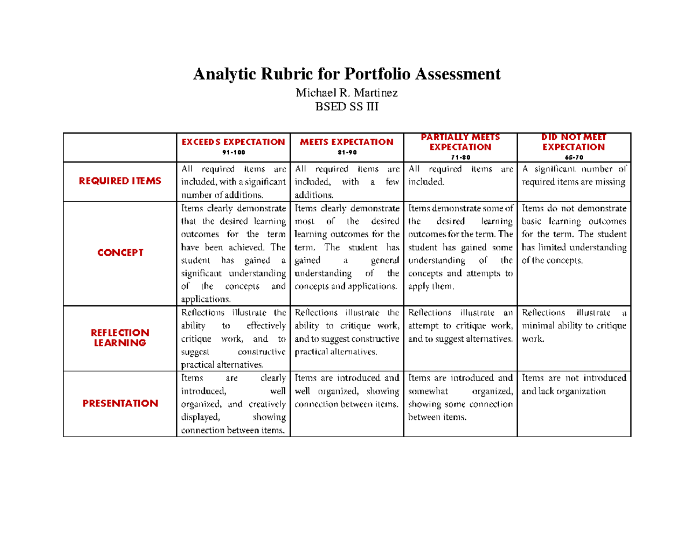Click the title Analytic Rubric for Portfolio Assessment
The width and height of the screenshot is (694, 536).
(346, 75)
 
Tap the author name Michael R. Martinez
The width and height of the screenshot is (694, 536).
(346, 93)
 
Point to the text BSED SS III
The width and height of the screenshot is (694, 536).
(346, 106)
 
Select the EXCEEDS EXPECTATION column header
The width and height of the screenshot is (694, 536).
(233, 142)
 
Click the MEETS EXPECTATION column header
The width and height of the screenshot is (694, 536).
(347, 142)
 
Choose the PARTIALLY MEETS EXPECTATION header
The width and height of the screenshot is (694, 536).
(461, 142)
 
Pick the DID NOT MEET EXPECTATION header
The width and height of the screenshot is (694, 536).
(574, 142)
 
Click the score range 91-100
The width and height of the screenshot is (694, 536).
(233, 152)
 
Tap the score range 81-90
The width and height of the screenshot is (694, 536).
(347, 152)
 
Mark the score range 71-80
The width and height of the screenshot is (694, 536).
(461, 157)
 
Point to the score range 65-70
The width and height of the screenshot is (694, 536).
(574, 157)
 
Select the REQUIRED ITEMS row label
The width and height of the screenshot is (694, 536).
(120, 182)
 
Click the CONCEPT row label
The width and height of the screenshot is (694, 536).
(120, 253)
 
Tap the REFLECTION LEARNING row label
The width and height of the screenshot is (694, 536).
(120, 338)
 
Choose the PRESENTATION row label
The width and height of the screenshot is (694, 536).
(120, 403)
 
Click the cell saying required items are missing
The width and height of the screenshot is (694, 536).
(574, 176)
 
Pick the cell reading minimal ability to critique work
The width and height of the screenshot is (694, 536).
(574, 326)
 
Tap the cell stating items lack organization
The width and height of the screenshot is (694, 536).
(574, 385)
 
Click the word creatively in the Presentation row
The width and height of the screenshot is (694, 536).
(265, 404)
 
